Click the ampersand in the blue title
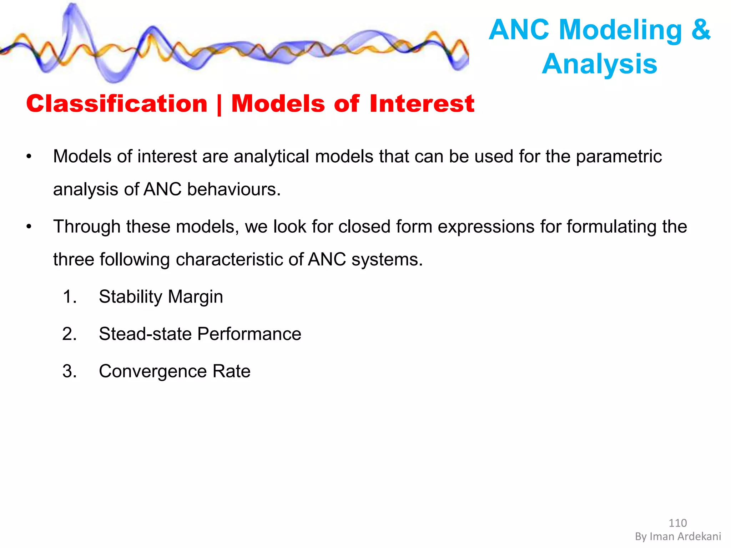click(x=701, y=30)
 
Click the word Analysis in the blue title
click(x=599, y=64)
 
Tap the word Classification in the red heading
click(x=117, y=104)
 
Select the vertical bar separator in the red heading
click(x=219, y=105)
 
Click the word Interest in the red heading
click(x=422, y=104)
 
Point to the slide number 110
click(x=677, y=523)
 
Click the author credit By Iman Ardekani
click(x=678, y=537)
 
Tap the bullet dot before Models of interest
click(x=29, y=157)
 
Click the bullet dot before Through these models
click(x=29, y=227)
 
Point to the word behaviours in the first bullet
click(x=234, y=189)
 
